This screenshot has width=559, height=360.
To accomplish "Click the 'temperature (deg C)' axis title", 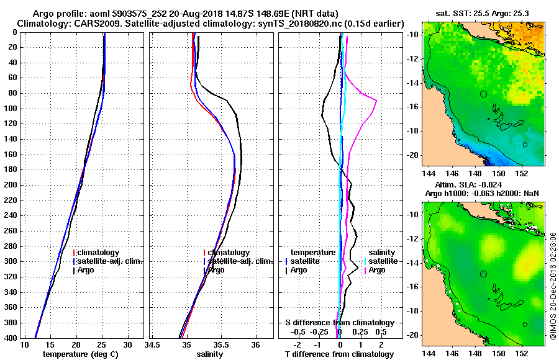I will [81, 354].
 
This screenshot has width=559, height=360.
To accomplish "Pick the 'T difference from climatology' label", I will [339, 354].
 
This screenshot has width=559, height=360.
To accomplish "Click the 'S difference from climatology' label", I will [339, 323].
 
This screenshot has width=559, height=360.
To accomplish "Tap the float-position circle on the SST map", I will [483, 94].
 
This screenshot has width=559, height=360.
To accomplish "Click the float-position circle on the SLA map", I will [483, 274].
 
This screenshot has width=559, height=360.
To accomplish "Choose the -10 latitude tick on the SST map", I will [412, 35].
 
